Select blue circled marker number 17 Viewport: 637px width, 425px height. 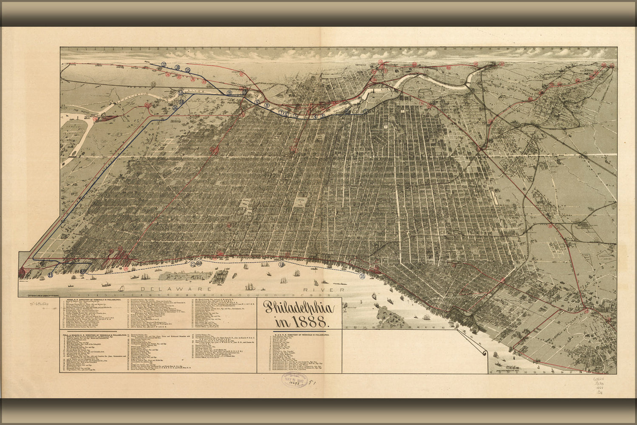164,65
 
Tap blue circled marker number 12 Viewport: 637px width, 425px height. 181,92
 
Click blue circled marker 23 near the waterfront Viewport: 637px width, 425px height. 51,275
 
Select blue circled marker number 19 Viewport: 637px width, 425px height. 281,265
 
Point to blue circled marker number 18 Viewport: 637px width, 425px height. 177,67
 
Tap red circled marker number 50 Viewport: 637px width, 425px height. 476,64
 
